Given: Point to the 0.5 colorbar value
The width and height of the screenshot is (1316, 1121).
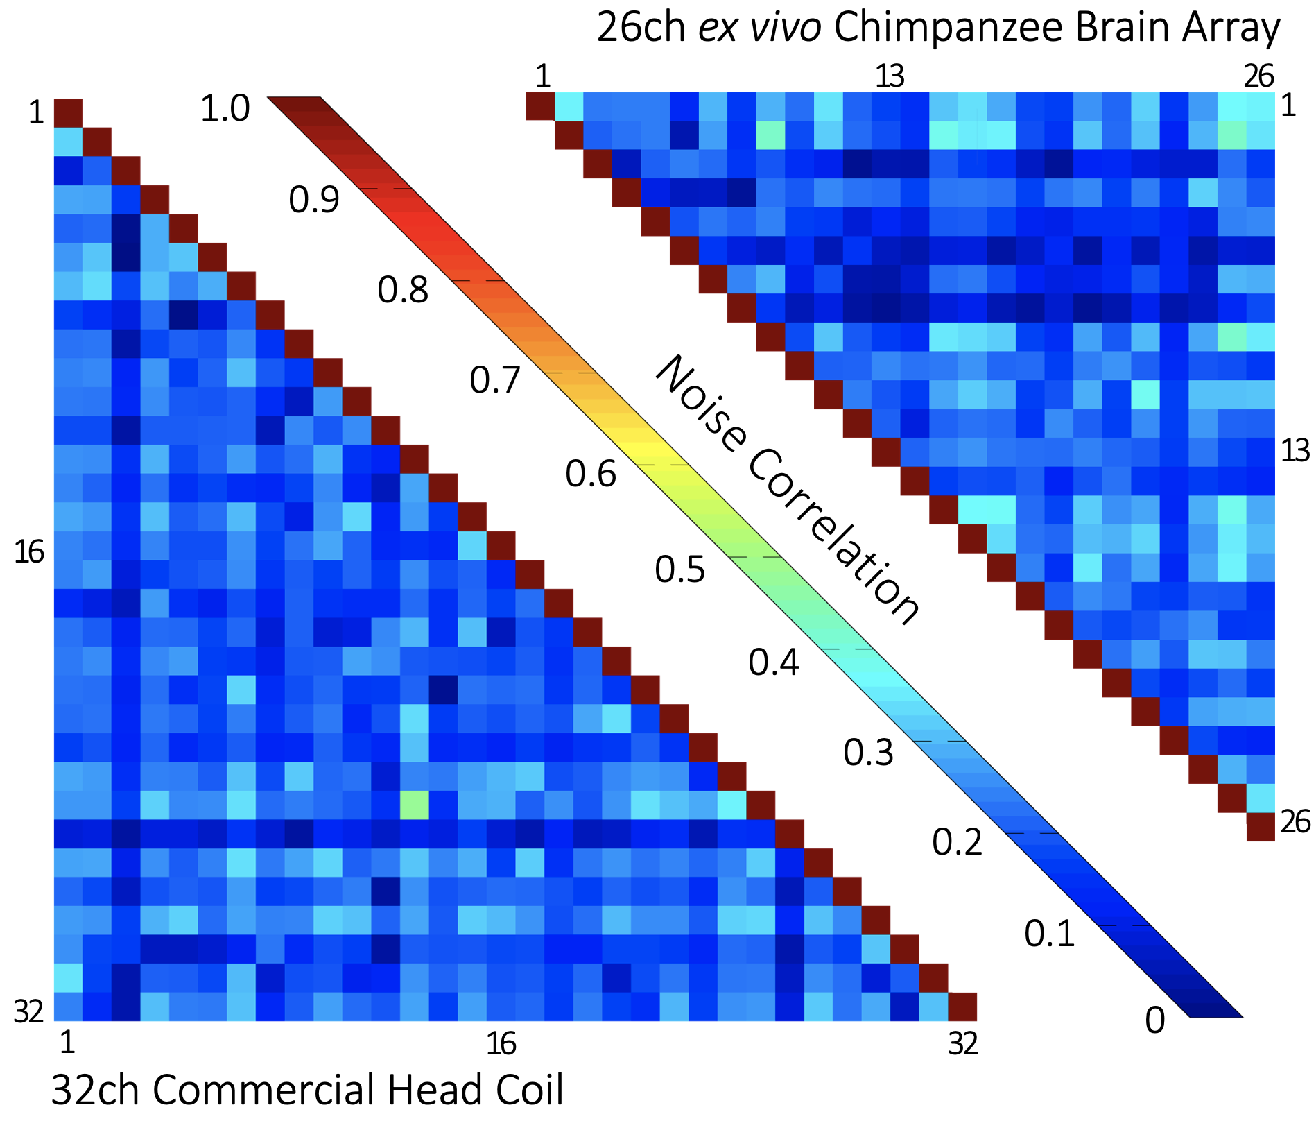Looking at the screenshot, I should (x=679, y=569).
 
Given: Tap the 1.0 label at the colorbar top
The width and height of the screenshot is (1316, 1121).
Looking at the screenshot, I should (x=225, y=109).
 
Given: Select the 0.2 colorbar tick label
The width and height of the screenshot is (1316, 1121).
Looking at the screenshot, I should (x=957, y=842).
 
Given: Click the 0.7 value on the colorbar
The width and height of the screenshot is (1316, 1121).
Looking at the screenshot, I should (x=494, y=380).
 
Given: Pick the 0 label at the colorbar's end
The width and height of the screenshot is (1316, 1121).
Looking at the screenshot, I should (x=1154, y=1020).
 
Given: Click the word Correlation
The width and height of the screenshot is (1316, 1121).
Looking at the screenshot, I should (x=832, y=538).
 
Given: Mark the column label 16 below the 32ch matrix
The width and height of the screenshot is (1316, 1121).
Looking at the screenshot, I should (x=501, y=1043).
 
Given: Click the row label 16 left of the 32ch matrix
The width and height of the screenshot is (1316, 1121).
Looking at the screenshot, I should (x=29, y=553).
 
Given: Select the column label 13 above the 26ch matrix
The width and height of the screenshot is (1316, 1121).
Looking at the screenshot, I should (x=890, y=76).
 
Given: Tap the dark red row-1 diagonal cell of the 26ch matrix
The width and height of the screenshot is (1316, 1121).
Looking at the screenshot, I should (x=539, y=105).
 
